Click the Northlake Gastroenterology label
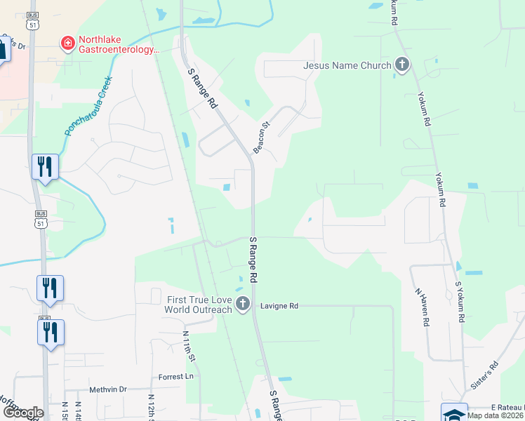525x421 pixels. tap(119, 46)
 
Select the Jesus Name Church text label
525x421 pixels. tap(347, 66)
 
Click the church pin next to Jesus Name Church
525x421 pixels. tap(402, 66)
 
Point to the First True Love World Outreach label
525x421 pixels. tap(199, 305)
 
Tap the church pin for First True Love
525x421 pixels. tap(243, 304)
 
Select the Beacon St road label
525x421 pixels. tap(262, 138)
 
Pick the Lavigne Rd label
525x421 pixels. tap(279, 306)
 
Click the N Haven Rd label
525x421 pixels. tap(422, 307)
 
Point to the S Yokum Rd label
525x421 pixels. tap(460, 302)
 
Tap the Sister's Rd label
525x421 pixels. tap(484, 376)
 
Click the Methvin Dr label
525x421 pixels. tap(108, 389)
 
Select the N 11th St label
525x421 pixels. tap(188, 347)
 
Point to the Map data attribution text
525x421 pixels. tap(496, 415)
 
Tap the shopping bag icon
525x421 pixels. tap(2, 48)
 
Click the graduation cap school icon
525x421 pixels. tap(453, 413)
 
